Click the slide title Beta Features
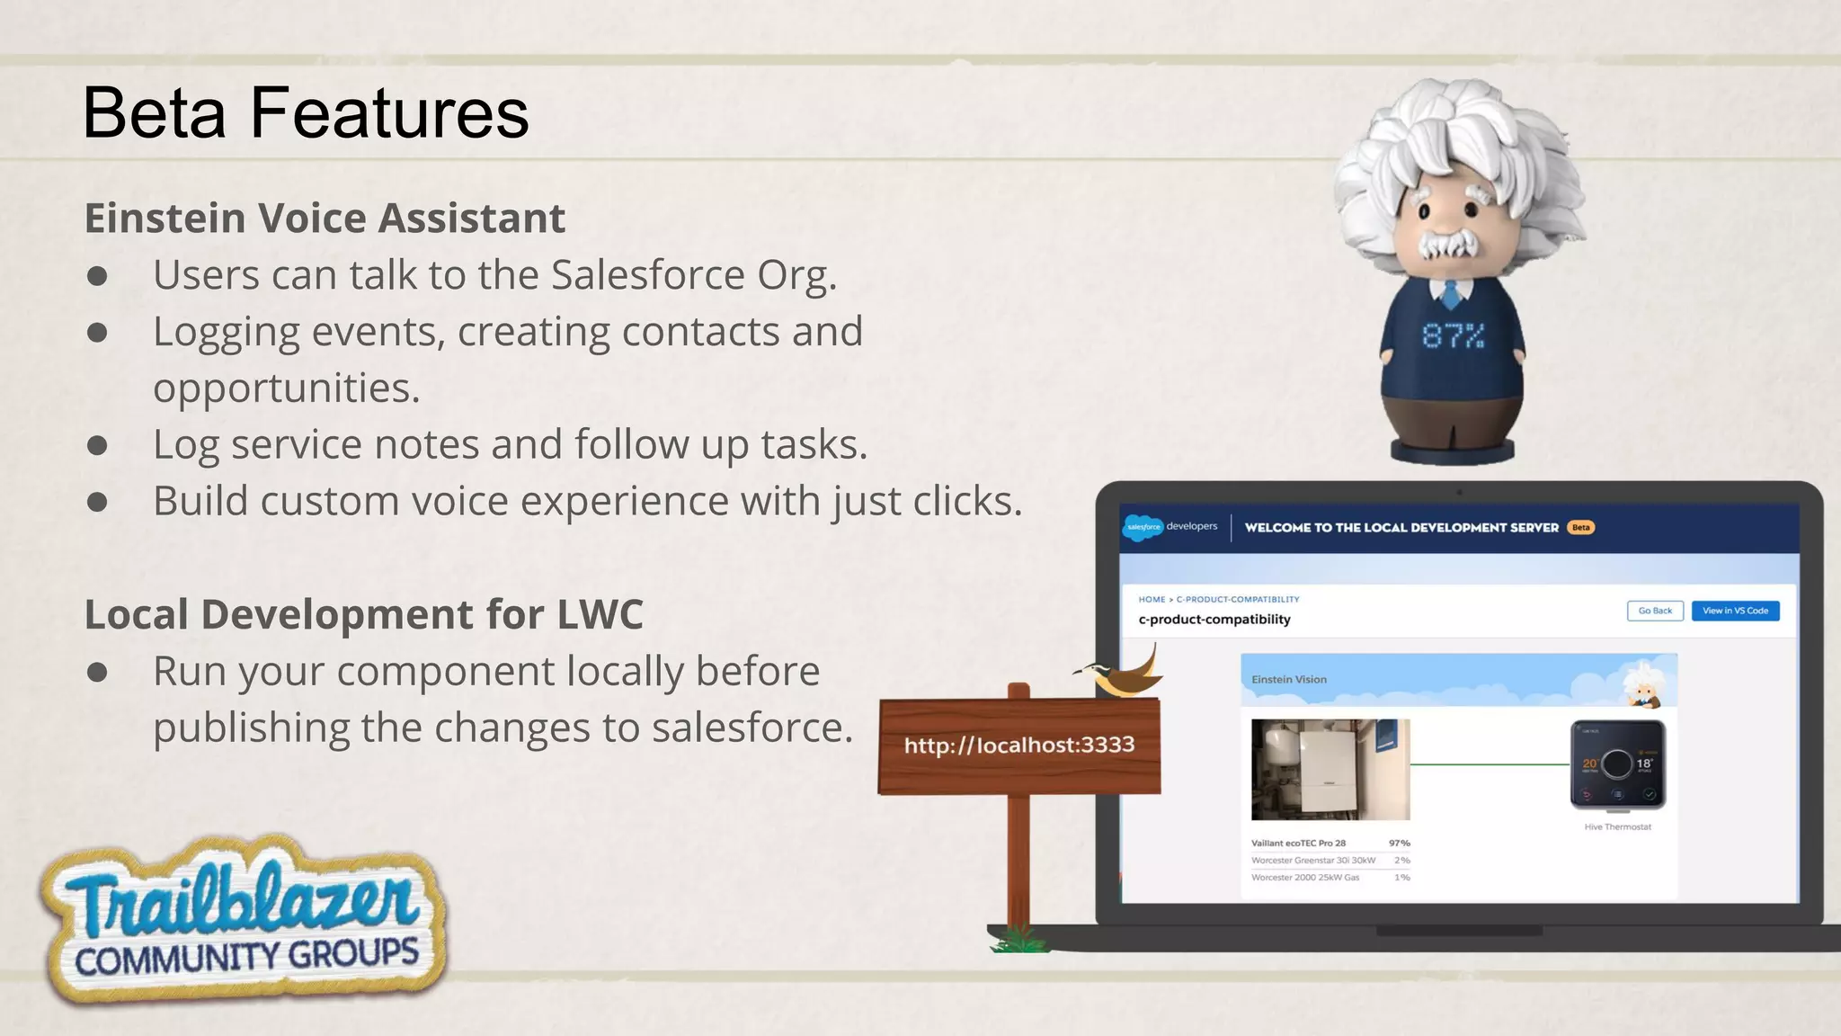[x=306, y=113]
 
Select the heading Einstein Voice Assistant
[x=325, y=219]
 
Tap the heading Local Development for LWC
[x=363, y=615]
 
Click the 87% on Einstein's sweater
[x=1453, y=336]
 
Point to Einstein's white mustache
[x=1449, y=245]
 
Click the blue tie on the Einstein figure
[x=1450, y=293]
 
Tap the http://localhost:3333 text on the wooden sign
[x=1019, y=746]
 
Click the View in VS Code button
[x=1735, y=611]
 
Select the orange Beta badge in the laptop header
[x=1580, y=528]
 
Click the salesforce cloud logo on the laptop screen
[x=1143, y=528]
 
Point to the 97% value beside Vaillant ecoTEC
[x=1399, y=844]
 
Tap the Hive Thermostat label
[x=1617, y=827]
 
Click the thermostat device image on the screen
[x=1617, y=764]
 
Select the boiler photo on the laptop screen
[x=1330, y=769]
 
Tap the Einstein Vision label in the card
[x=1289, y=680]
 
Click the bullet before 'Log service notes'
[x=97, y=446]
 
